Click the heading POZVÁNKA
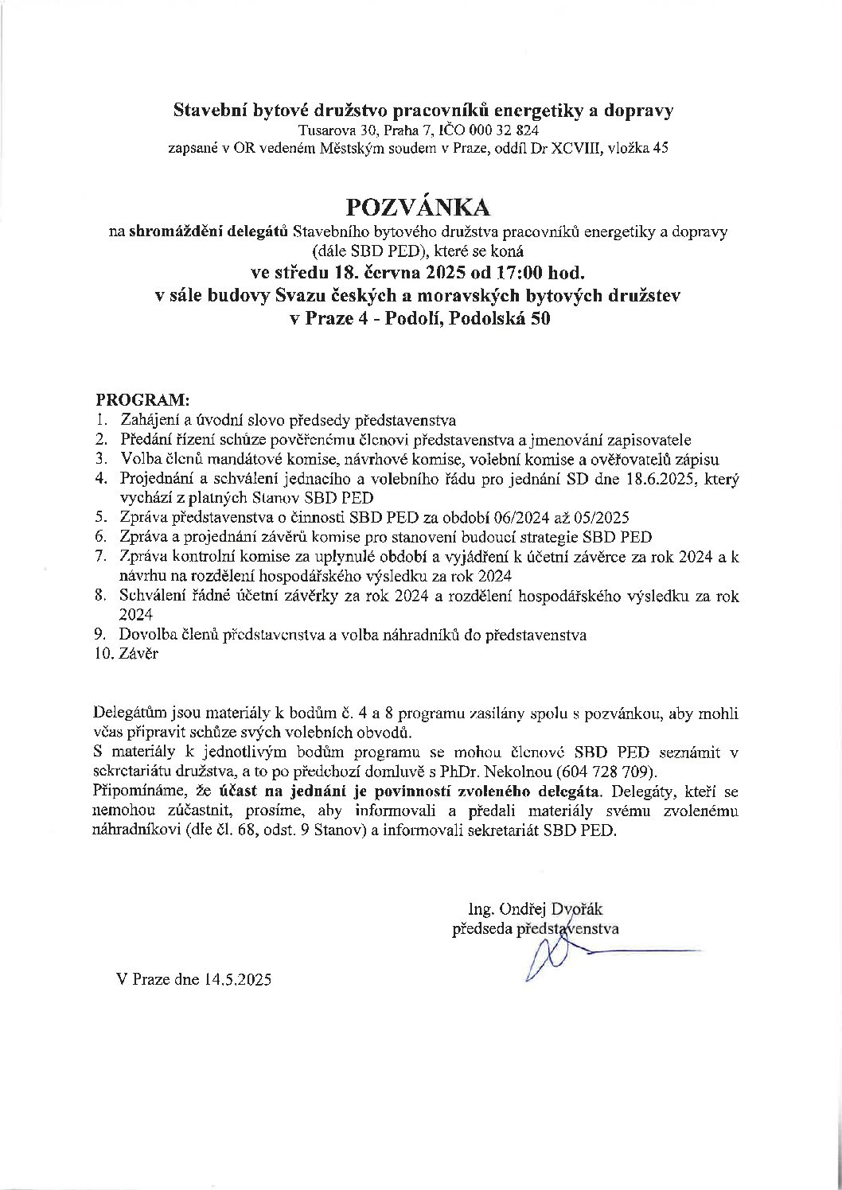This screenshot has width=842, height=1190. [x=419, y=206]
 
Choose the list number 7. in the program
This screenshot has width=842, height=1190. [x=101, y=557]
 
